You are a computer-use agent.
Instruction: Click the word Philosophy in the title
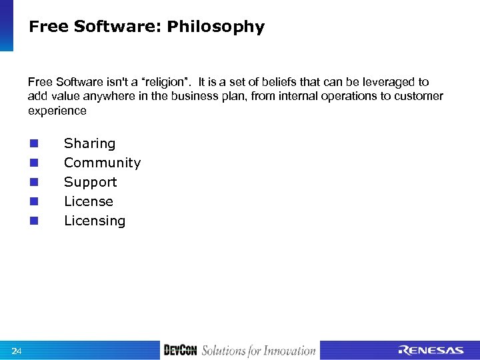215,27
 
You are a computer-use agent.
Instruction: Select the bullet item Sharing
89,143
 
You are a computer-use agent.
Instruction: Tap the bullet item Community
102,163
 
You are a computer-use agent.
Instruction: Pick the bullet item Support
90,182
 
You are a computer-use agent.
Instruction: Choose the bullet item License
89,201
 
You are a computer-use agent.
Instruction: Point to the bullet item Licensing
95,221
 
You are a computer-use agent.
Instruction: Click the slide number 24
17,351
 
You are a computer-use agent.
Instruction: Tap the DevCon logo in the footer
180,351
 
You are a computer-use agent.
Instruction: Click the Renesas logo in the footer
431,351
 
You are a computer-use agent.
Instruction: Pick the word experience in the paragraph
57,111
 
